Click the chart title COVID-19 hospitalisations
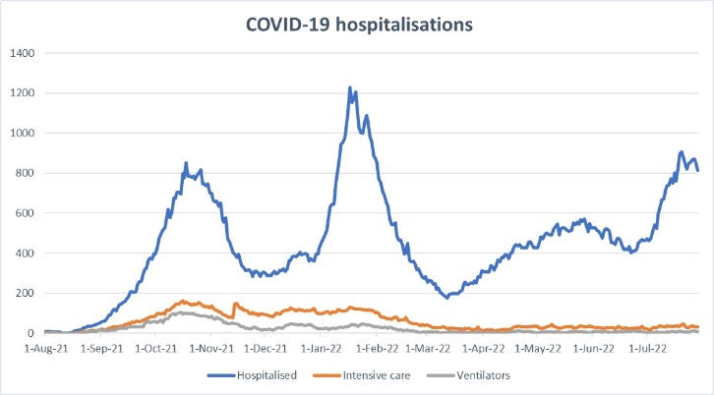coord(358,25)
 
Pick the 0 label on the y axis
coord(31,333)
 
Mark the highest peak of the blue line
coord(350,87)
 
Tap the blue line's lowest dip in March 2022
coord(447,297)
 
